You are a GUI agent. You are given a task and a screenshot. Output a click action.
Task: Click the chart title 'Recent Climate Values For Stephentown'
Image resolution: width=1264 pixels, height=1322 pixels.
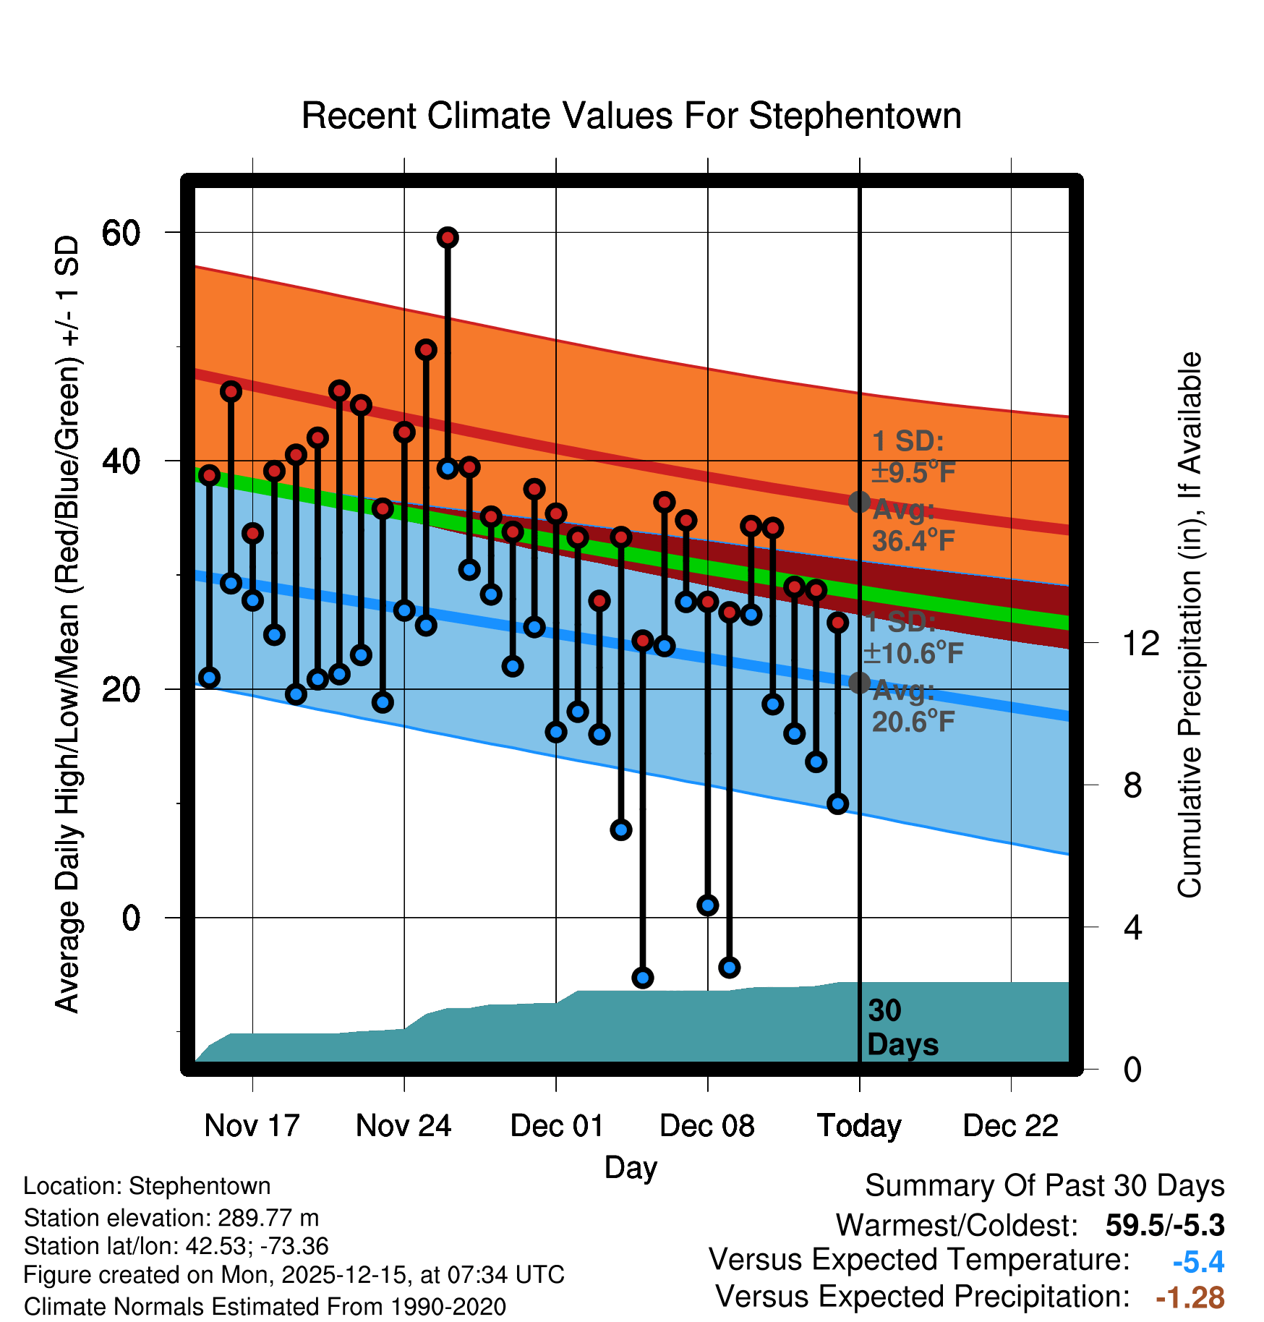click(631, 116)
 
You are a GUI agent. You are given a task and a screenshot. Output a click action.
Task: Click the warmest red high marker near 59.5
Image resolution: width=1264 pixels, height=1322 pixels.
click(448, 237)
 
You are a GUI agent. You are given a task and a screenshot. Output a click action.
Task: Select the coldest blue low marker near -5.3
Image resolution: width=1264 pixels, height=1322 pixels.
click(643, 978)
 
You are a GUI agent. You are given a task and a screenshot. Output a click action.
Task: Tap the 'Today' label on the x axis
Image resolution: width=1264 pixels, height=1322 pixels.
click(859, 1126)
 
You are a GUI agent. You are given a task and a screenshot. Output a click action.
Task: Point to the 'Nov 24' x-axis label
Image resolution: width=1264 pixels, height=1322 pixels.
click(403, 1126)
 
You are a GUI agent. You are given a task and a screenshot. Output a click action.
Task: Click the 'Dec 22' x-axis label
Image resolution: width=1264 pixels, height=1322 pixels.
click(1010, 1126)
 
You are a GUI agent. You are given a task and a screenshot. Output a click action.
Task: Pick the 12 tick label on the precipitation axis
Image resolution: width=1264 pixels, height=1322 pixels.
click(1140, 643)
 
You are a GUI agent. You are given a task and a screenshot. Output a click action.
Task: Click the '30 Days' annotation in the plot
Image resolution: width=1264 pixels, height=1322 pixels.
click(902, 1028)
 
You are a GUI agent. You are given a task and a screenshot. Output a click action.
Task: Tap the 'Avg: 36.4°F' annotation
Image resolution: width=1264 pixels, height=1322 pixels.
click(913, 526)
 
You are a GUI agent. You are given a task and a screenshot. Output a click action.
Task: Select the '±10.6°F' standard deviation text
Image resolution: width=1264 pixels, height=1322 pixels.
click(913, 654)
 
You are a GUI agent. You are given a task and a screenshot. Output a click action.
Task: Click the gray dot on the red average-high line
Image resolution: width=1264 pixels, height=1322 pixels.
click(859, 501)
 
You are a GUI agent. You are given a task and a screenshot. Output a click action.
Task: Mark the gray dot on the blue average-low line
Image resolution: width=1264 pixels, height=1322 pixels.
click(859, 682)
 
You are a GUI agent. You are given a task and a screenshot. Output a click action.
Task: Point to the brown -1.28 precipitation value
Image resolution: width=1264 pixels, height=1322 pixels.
click(1190, 1297)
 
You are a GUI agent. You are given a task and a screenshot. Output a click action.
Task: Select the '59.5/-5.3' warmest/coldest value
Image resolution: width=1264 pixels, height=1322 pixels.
click(1164, 1225)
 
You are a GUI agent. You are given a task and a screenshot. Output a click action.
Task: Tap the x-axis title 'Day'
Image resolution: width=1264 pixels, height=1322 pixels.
click(631, 1167)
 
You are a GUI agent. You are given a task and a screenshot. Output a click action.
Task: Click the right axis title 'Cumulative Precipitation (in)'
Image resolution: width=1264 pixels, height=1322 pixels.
click(1189, 625)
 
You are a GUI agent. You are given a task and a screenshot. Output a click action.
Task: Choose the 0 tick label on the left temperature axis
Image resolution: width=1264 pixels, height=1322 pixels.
click(131, 918)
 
